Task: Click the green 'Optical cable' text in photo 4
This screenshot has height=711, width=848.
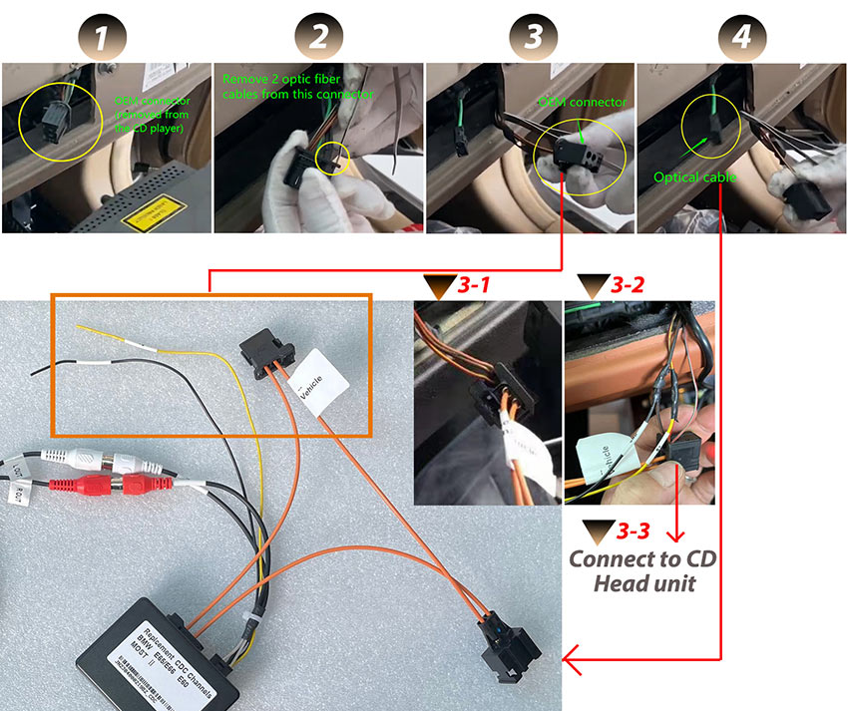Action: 695,177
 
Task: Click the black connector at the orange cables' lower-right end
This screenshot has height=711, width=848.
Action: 512,657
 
